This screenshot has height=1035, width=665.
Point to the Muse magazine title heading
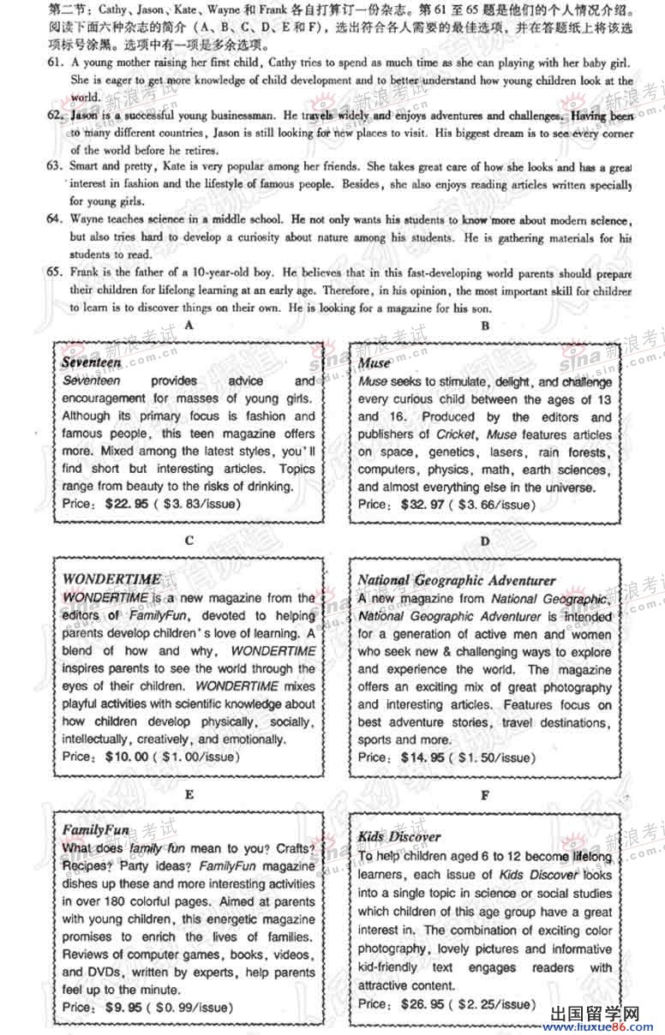(374, 363)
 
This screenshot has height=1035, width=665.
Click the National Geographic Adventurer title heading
(457, 580)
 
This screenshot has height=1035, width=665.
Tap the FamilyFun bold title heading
(95, 829)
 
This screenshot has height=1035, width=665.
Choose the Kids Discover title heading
(399, 836)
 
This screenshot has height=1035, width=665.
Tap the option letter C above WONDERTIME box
(189, 541)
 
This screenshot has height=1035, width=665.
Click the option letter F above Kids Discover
(485, 795)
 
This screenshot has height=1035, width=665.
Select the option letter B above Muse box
(485, 326)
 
